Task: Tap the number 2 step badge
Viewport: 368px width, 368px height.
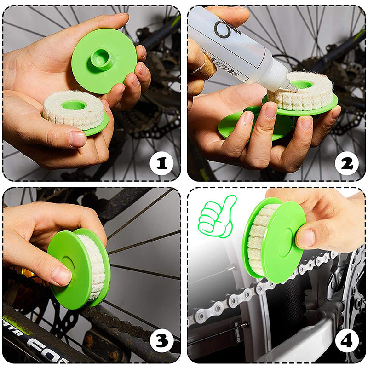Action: click(x=346, y=162)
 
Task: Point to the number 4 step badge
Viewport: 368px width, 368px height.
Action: click(x=346, y=341)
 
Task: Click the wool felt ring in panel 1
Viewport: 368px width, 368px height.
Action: click(x=74, y=110)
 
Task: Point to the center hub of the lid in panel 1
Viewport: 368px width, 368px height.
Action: click(x=100, y=57)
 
